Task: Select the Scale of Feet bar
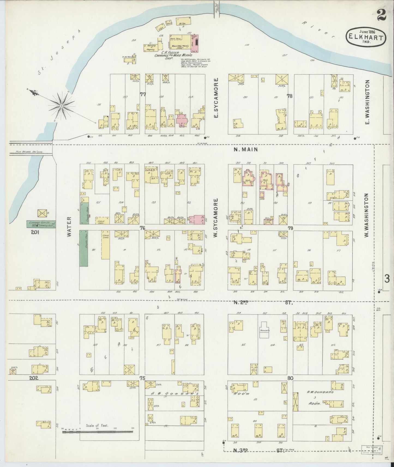tap(98, 432)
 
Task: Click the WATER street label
tap(69, 226)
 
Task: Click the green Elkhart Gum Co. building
tap(41, 224)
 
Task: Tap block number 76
tap(142, 228)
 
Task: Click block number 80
tap(290, 378)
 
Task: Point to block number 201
tap(35, 232)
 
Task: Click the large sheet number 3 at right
tap(387, 279)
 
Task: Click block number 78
tap(290, 96)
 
